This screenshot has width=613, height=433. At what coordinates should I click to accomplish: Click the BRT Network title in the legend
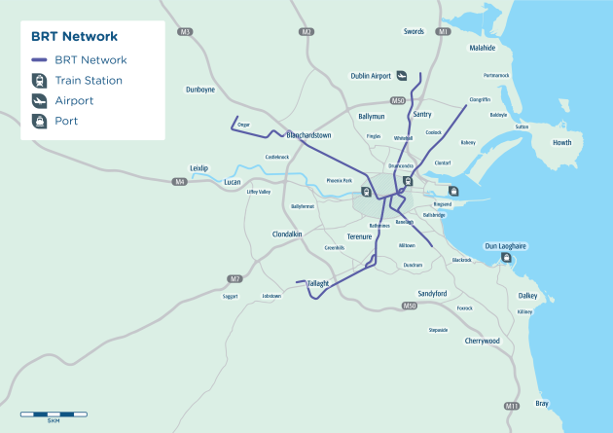tap(74, 37)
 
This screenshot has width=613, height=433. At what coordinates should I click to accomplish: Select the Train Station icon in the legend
tap(40, 80)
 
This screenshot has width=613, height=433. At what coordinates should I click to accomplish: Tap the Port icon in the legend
tap(40, 121)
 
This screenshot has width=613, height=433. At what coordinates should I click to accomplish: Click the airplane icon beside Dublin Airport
tap(402, 77)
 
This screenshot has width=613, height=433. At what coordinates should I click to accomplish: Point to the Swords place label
tap(415, 32)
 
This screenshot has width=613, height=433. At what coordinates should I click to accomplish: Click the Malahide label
tap(482, 48)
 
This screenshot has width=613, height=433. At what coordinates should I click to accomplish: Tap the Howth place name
tap(562, 143)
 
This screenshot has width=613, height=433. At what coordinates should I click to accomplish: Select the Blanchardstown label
tap(308, 135)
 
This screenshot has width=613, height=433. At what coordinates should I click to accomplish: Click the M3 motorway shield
tap(185, 32)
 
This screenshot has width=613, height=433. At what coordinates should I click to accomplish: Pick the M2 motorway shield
tap(306, 32)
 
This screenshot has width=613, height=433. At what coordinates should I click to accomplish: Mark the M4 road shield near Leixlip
tap(180, 182)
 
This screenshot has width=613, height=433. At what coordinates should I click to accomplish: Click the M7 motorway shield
tap(234, 279)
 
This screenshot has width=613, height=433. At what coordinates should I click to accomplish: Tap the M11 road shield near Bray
tap(513, 405)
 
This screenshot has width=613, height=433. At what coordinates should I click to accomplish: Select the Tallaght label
tap(319, 283)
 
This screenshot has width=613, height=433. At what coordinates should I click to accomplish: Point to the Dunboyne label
tap(199, 90)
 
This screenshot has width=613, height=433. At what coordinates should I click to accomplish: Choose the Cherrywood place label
tap(482, 341)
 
